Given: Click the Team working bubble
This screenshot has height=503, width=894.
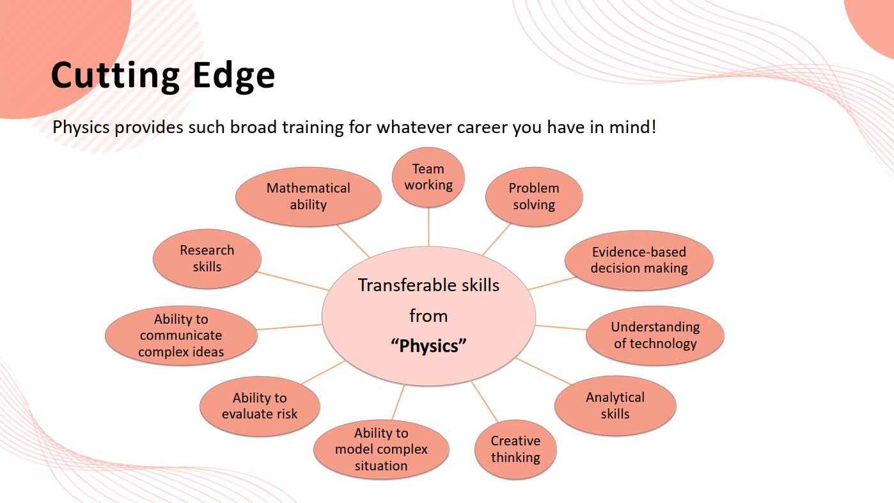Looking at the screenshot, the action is tap(428, 177).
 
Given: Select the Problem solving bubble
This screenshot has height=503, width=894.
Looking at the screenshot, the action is tap(534, 196).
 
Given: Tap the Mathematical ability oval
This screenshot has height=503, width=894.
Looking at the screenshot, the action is tap(308, 196).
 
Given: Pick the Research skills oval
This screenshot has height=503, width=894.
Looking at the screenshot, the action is tap(207, 259).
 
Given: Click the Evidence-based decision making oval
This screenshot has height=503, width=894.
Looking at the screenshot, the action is tap(639, 260).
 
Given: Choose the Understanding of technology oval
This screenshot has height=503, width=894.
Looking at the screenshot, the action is tap(655, 335).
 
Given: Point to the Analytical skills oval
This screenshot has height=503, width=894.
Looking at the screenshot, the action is tap(615, 406).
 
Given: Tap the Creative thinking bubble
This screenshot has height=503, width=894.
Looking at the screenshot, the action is tap(515, 449).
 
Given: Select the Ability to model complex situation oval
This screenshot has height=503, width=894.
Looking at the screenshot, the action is tap(381, 449).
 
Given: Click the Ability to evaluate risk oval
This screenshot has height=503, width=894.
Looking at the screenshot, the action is tap(260, 406).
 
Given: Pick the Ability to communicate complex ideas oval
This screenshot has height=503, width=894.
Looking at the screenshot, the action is tap(181, 335).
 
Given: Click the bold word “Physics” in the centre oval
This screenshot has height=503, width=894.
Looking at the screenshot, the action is tap(428, 346).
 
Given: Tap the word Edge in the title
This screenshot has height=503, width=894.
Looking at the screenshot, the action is tap(234, 75).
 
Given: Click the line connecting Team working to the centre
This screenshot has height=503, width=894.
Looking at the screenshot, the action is tap(428, 227).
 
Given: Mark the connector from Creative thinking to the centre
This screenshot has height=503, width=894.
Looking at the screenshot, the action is tap(485, 401).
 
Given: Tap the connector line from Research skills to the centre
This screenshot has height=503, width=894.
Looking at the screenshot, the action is tap(293, 281).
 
